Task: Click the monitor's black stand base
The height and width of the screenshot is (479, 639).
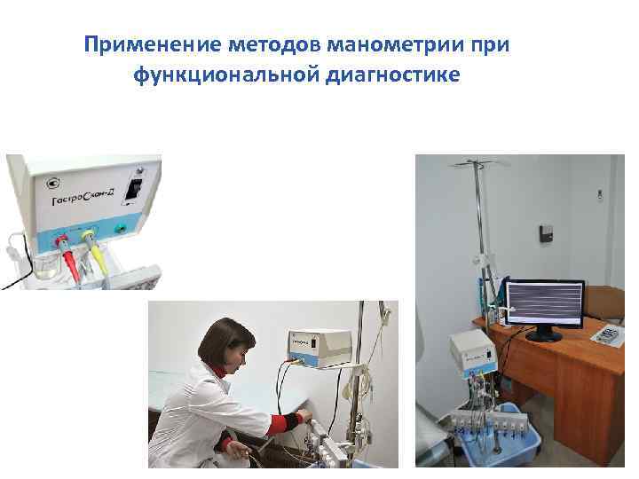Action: (x=543, y=336)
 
